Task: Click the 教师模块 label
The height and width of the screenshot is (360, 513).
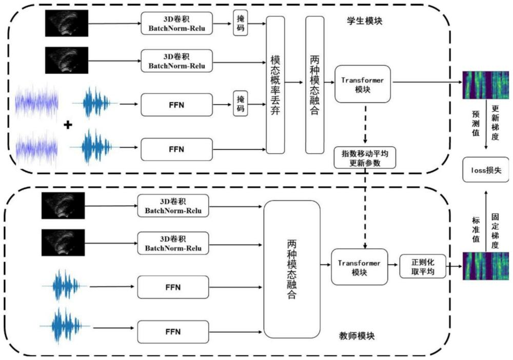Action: coord(357,336)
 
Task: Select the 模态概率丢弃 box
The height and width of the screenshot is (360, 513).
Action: coord(275,85)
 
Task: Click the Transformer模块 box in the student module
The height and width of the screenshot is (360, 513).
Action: coord(362,84)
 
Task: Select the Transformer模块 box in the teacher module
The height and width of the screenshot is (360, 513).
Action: coord(359,267)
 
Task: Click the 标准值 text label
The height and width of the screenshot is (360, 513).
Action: coord(475,225)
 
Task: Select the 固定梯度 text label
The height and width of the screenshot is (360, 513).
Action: coord(495,225)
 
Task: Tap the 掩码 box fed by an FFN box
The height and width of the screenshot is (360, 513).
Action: coord(240,104)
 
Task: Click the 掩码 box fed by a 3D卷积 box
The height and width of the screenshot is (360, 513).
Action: coord(240,24)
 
